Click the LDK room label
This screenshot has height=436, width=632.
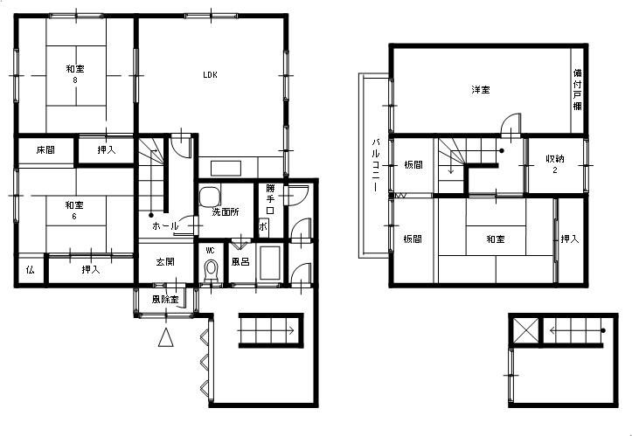pos(210,74)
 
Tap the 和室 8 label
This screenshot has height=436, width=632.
pos(75,74)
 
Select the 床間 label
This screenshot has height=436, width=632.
pos(45,150)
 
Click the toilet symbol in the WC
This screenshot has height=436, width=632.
pos(211,270)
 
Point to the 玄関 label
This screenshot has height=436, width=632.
pos(165,261)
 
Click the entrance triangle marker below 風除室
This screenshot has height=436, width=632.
pos(166,337)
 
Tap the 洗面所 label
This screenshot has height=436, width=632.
pos(226,212)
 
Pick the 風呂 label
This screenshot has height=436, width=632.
pos(240,261)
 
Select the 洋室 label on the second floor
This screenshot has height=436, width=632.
pos(481,89)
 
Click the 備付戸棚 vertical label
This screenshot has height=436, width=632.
pos(578,90)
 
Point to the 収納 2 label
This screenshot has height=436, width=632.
pos(555,163)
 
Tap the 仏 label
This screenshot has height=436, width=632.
pos(31,270)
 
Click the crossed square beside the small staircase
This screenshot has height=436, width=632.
pos(525,331)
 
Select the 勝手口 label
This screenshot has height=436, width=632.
pos(270,199)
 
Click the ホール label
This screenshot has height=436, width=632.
pos(165,226)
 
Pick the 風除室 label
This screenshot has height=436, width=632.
pos(165,300)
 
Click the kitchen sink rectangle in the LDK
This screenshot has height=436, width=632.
pos(226,169)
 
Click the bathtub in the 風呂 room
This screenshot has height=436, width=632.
pos(270,262)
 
